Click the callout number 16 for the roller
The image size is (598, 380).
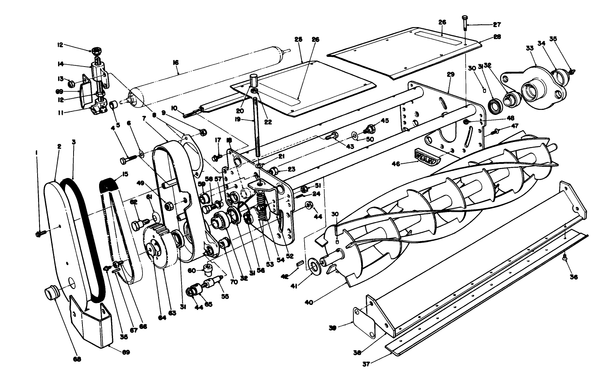point(176,62)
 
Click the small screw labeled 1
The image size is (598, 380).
point(40,233)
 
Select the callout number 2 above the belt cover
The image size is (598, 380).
point(59,146)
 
